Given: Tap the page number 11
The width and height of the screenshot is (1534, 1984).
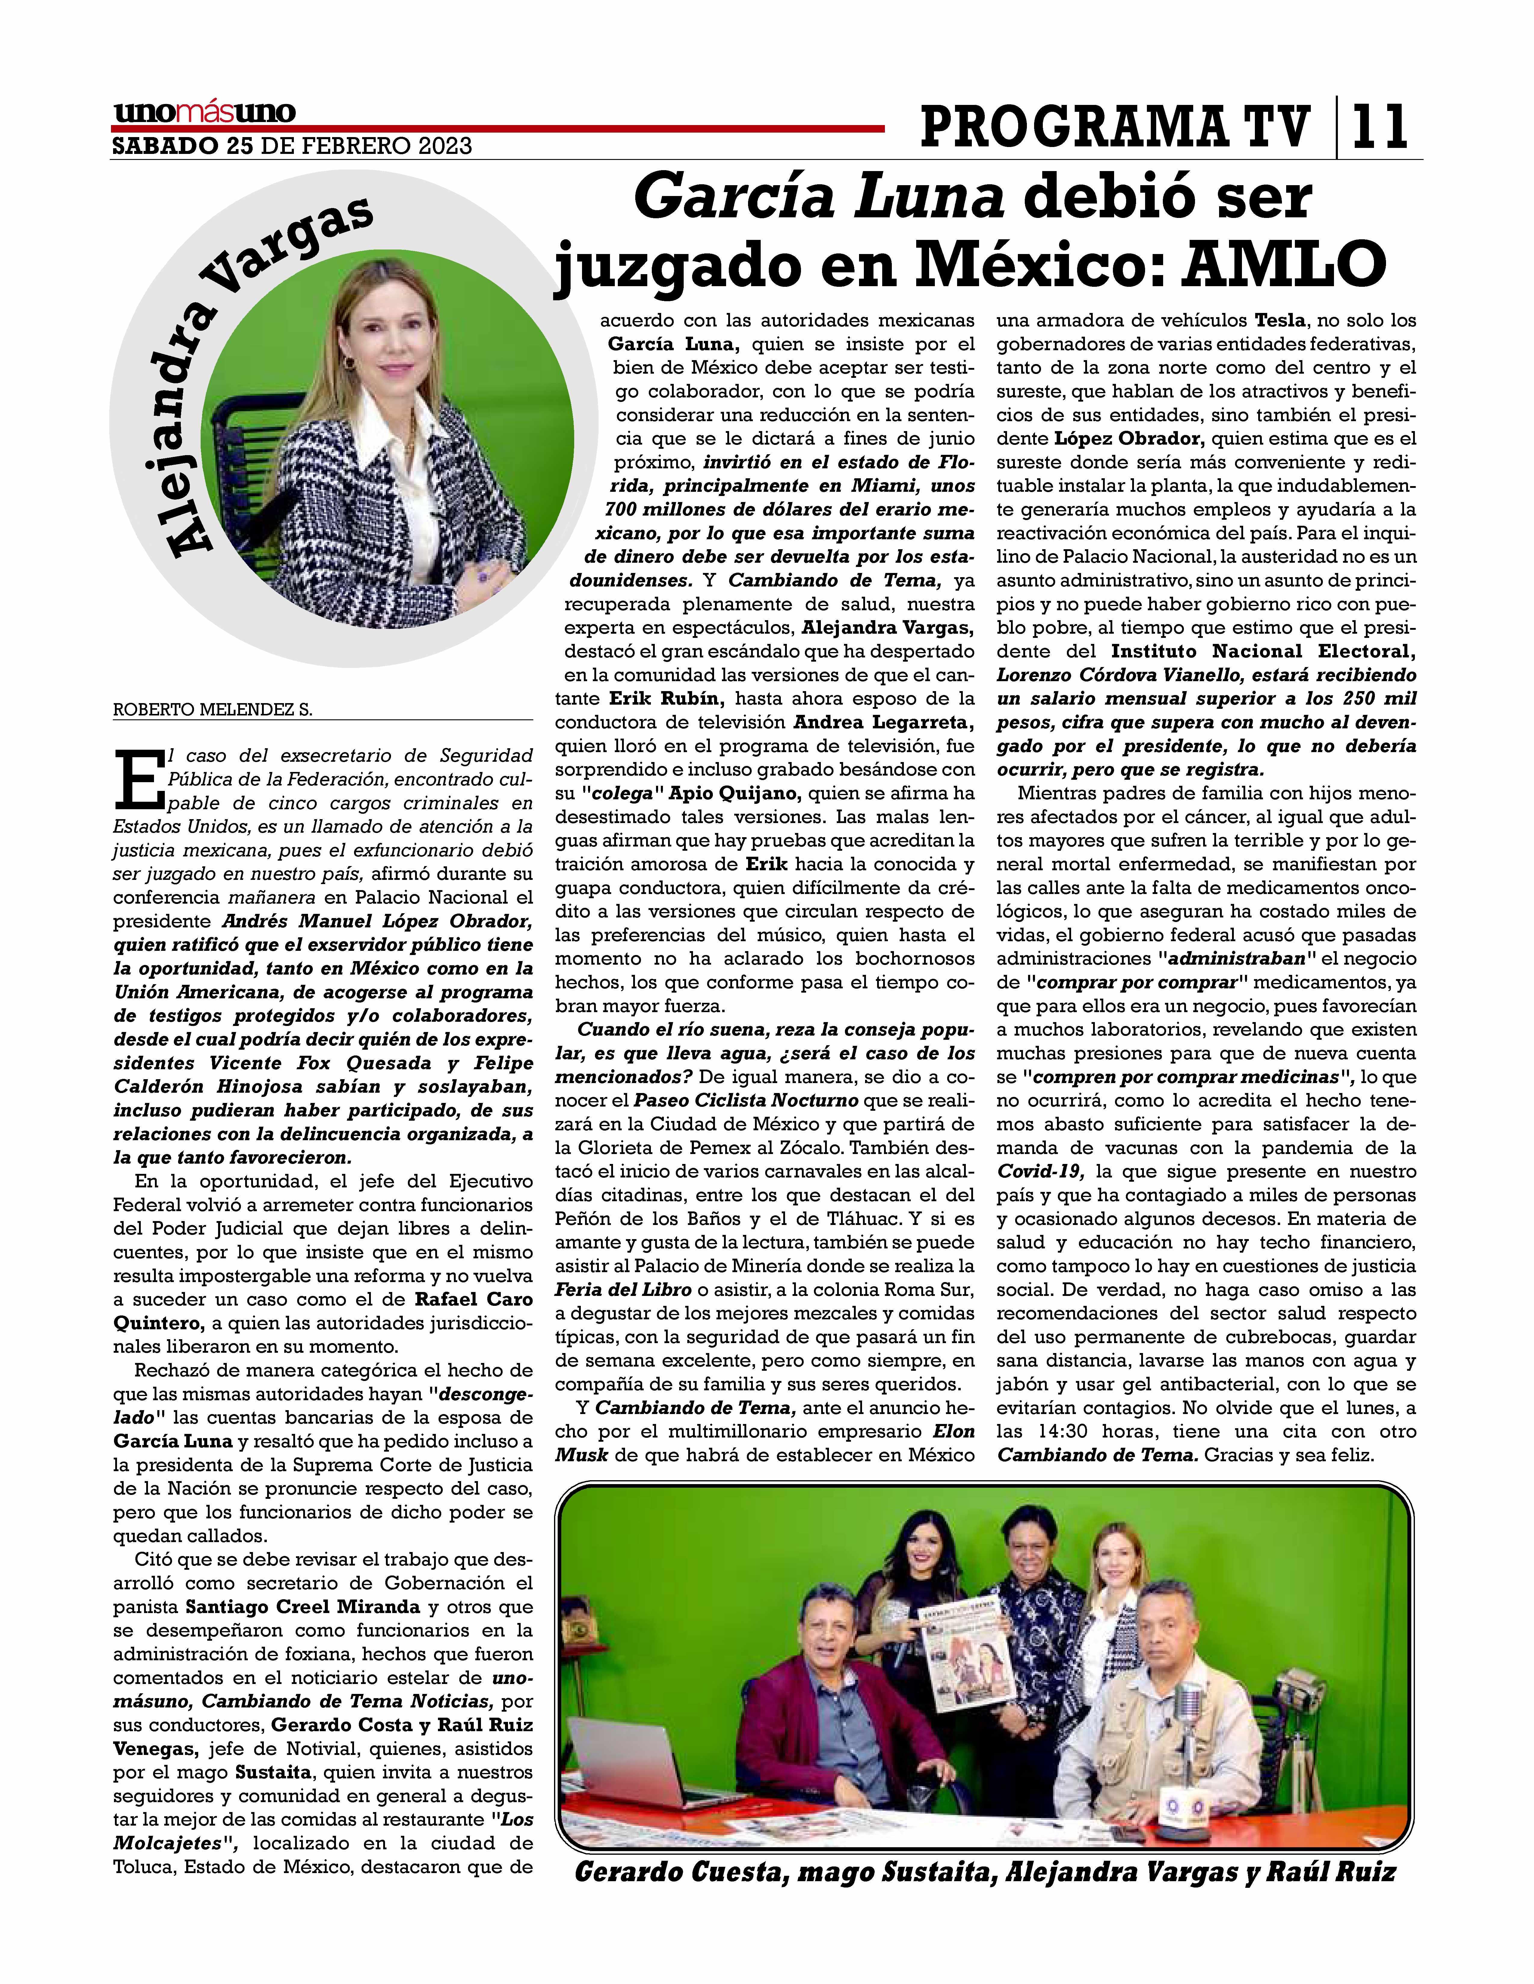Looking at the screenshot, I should (x=1379, y=127).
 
